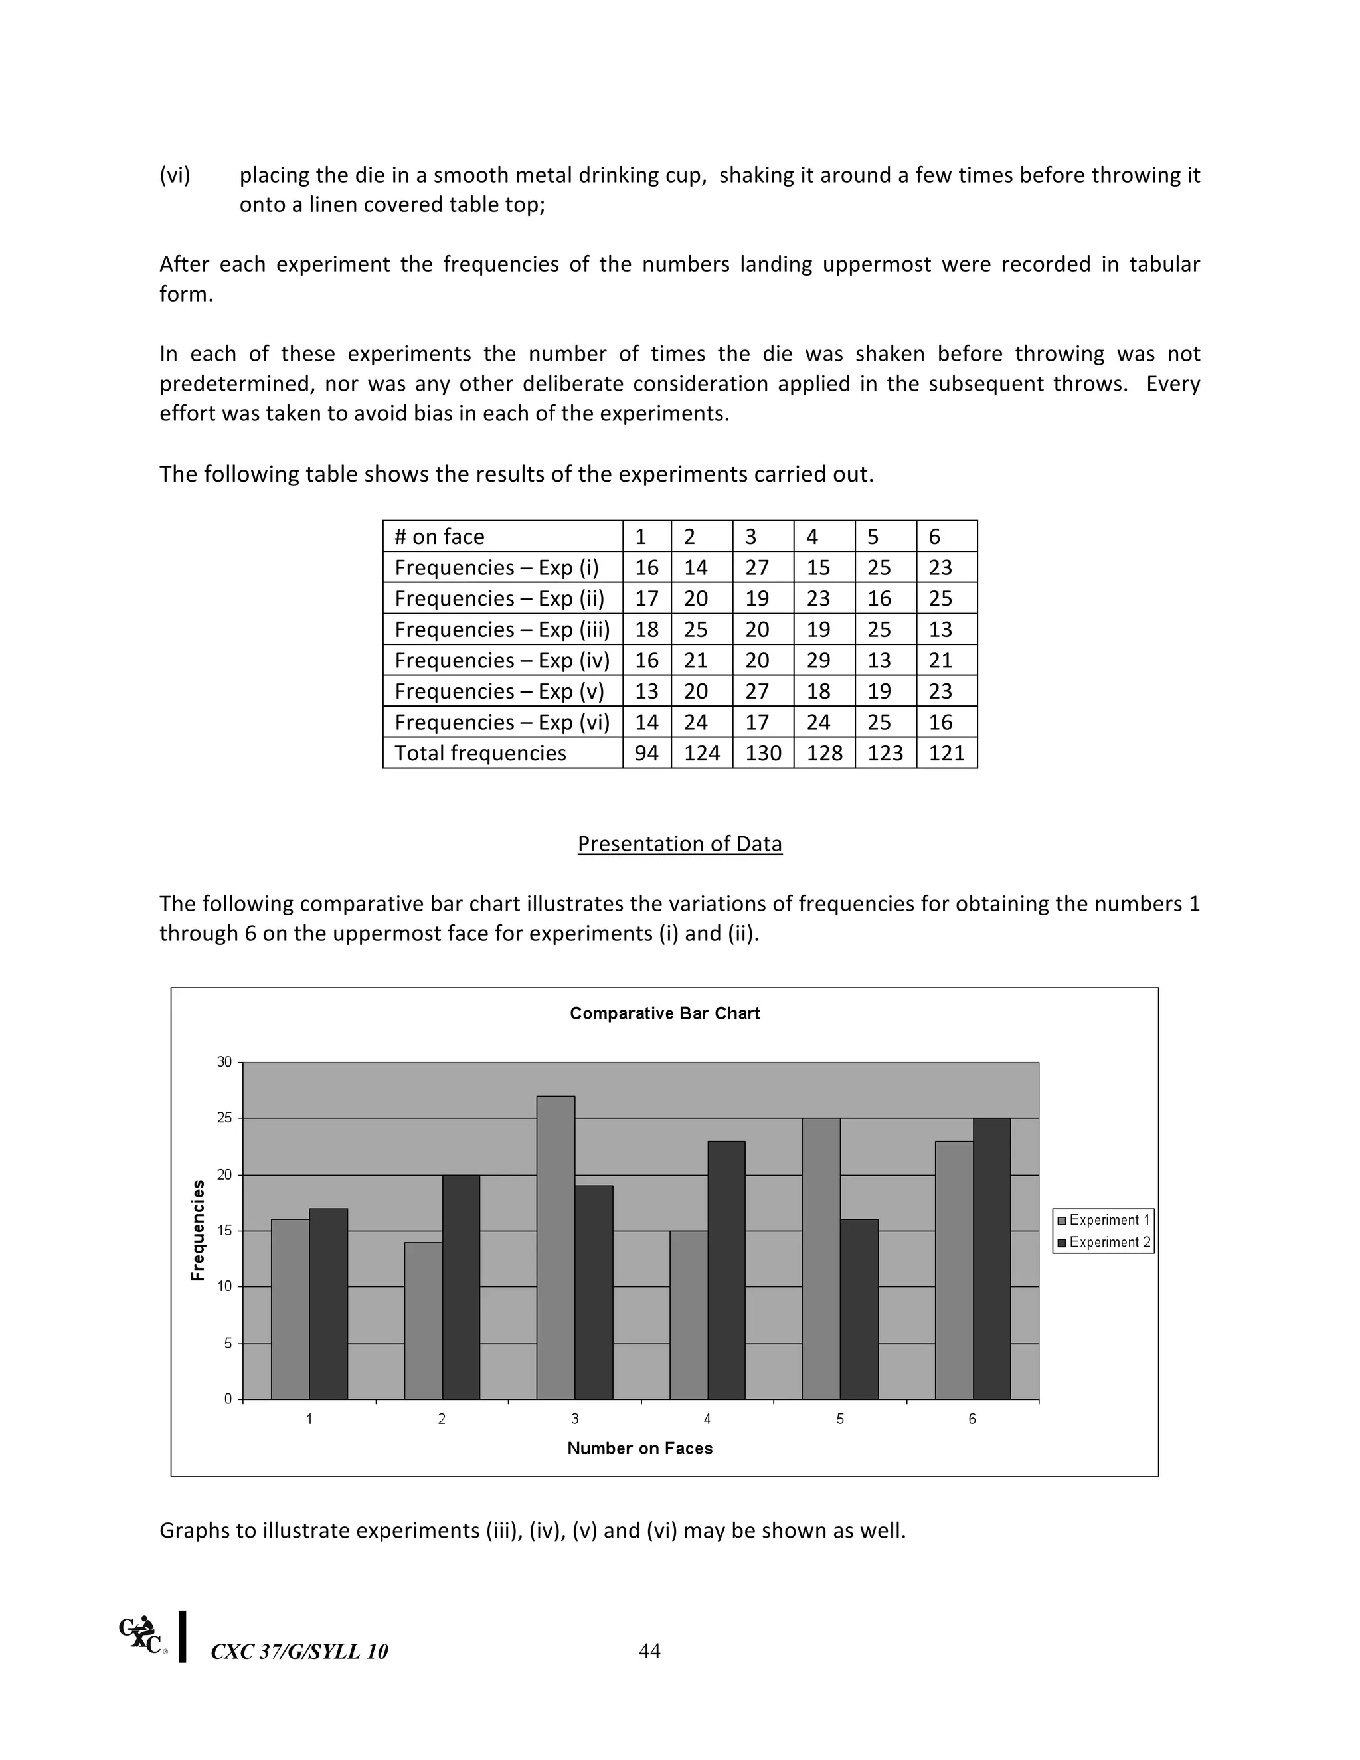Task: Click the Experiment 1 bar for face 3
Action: [556, 1247]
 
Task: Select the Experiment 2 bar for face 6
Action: [992, 1258]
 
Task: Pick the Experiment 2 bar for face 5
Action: [859, 1309]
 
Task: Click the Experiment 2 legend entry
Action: [1103, 1242]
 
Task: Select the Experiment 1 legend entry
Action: [1103, 1220]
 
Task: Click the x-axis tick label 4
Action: [707, 1419]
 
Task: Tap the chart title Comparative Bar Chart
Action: [665, 1013]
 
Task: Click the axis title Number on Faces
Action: [639, 1448]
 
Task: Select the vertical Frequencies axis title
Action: [198, 1230]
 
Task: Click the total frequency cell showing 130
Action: [762, 752]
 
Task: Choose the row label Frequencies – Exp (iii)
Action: [502, 630]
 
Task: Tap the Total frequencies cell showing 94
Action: [646, 752]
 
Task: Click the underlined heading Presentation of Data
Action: [679, 843]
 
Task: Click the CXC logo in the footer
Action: [143, 1634]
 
